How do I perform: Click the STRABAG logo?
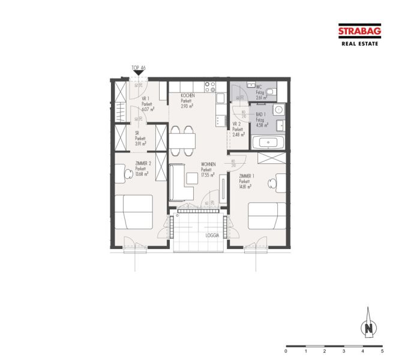pos(360,32)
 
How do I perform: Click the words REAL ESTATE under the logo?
pos(360,44)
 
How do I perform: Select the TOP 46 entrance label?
pos(139,68)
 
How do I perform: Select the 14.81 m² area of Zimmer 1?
pos(245,187)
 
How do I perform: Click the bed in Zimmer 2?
pos(139,211)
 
